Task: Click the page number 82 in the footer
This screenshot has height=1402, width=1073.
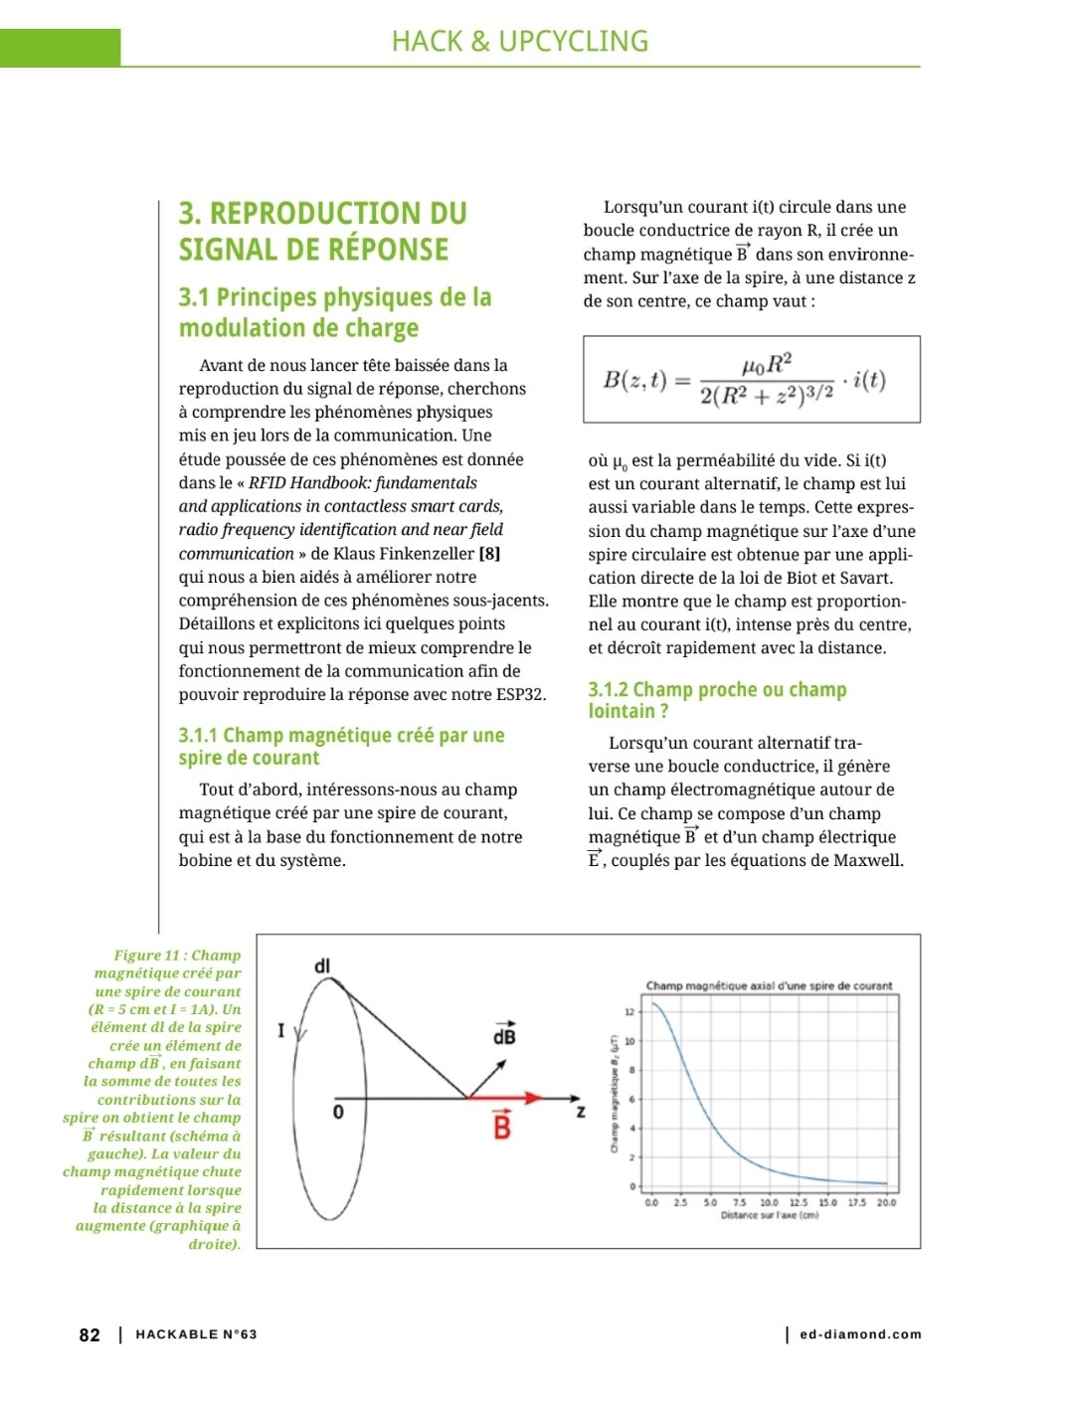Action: [x=89, y=1334]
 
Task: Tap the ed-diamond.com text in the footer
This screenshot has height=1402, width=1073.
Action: [x=860, y=1334]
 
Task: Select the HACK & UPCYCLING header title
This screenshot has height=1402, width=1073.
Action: [x=519, y=42]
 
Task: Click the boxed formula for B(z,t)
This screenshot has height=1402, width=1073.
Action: [x=751, y=379]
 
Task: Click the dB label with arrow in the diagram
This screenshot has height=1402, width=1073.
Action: [x=504, y=1034]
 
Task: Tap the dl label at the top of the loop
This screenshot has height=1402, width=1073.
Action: [x=321, y=965]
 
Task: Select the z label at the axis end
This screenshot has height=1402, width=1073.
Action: [x=581, y=1112]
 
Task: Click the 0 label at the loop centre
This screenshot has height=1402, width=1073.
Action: [x=338, y=1112]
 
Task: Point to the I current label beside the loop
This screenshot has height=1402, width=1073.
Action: [x=281, y=1031]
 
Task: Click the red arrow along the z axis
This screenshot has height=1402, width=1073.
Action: [x=507, y=1098]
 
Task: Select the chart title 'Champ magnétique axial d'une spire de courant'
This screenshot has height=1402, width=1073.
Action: [x=769, y=985]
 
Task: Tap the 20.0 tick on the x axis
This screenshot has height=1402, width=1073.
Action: [x=886, y=1202]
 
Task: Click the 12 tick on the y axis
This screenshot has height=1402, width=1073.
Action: [x=629, y=1011]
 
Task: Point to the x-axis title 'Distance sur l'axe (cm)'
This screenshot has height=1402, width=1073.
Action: [x=769, y=1215]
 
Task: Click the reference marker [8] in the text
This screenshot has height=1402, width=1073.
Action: [x=489, y=554]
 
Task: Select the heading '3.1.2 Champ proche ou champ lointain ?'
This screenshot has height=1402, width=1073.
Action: [x=717, y=700]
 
